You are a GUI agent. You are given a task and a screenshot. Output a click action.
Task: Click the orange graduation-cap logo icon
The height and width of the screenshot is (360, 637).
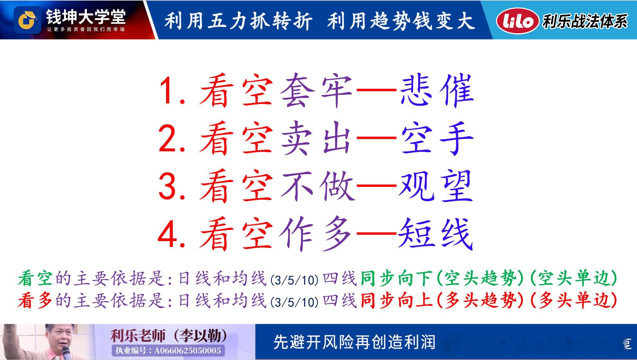click(27, 20)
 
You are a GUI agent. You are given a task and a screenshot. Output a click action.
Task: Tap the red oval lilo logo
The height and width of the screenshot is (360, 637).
click(518, 21)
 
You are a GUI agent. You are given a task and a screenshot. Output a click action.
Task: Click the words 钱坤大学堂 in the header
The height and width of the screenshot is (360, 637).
click(86, 17)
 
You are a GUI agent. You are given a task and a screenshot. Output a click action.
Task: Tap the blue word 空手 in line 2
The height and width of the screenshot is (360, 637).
click(437, 138)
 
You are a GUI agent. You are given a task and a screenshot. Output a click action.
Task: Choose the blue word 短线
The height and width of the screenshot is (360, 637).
click(436, 233)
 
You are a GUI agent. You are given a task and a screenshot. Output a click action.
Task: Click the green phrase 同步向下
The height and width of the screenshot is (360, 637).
click(396, 278)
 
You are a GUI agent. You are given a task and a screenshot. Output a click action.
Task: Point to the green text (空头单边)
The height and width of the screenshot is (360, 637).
click(573, 278)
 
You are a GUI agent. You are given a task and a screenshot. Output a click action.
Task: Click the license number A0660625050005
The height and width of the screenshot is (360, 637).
click(188, 350)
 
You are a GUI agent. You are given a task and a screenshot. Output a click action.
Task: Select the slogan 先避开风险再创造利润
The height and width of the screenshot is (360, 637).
click(354, 342)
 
